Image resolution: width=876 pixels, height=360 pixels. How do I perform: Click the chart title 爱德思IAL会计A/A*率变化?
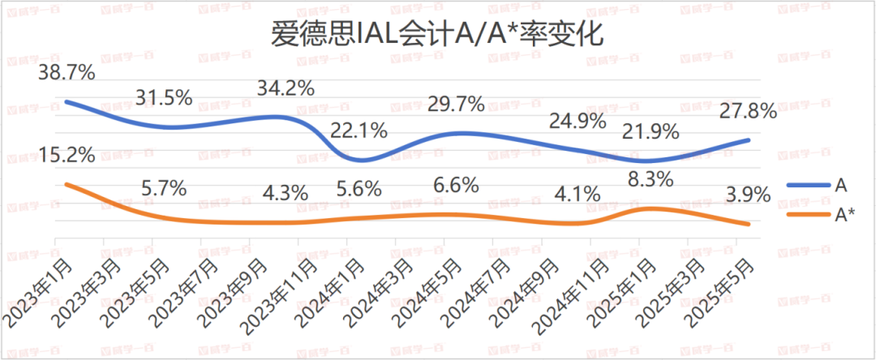click(x=438, y=36)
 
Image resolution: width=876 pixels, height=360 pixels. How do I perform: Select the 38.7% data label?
click(x=66, y=73)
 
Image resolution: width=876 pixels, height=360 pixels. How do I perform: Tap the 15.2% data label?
click(x=66, y=154)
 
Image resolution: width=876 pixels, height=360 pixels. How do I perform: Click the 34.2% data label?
click(x=285, y=88)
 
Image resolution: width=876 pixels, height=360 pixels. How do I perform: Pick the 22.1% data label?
click(x=358, y=130)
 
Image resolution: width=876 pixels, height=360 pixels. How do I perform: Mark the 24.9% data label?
click(x=578, y=122)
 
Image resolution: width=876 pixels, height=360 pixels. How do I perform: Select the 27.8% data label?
click(x=748, y=112)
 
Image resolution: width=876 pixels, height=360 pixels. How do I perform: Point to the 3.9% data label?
click(x=748, y=195)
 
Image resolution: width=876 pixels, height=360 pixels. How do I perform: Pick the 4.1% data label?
click(x=578, y=195)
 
